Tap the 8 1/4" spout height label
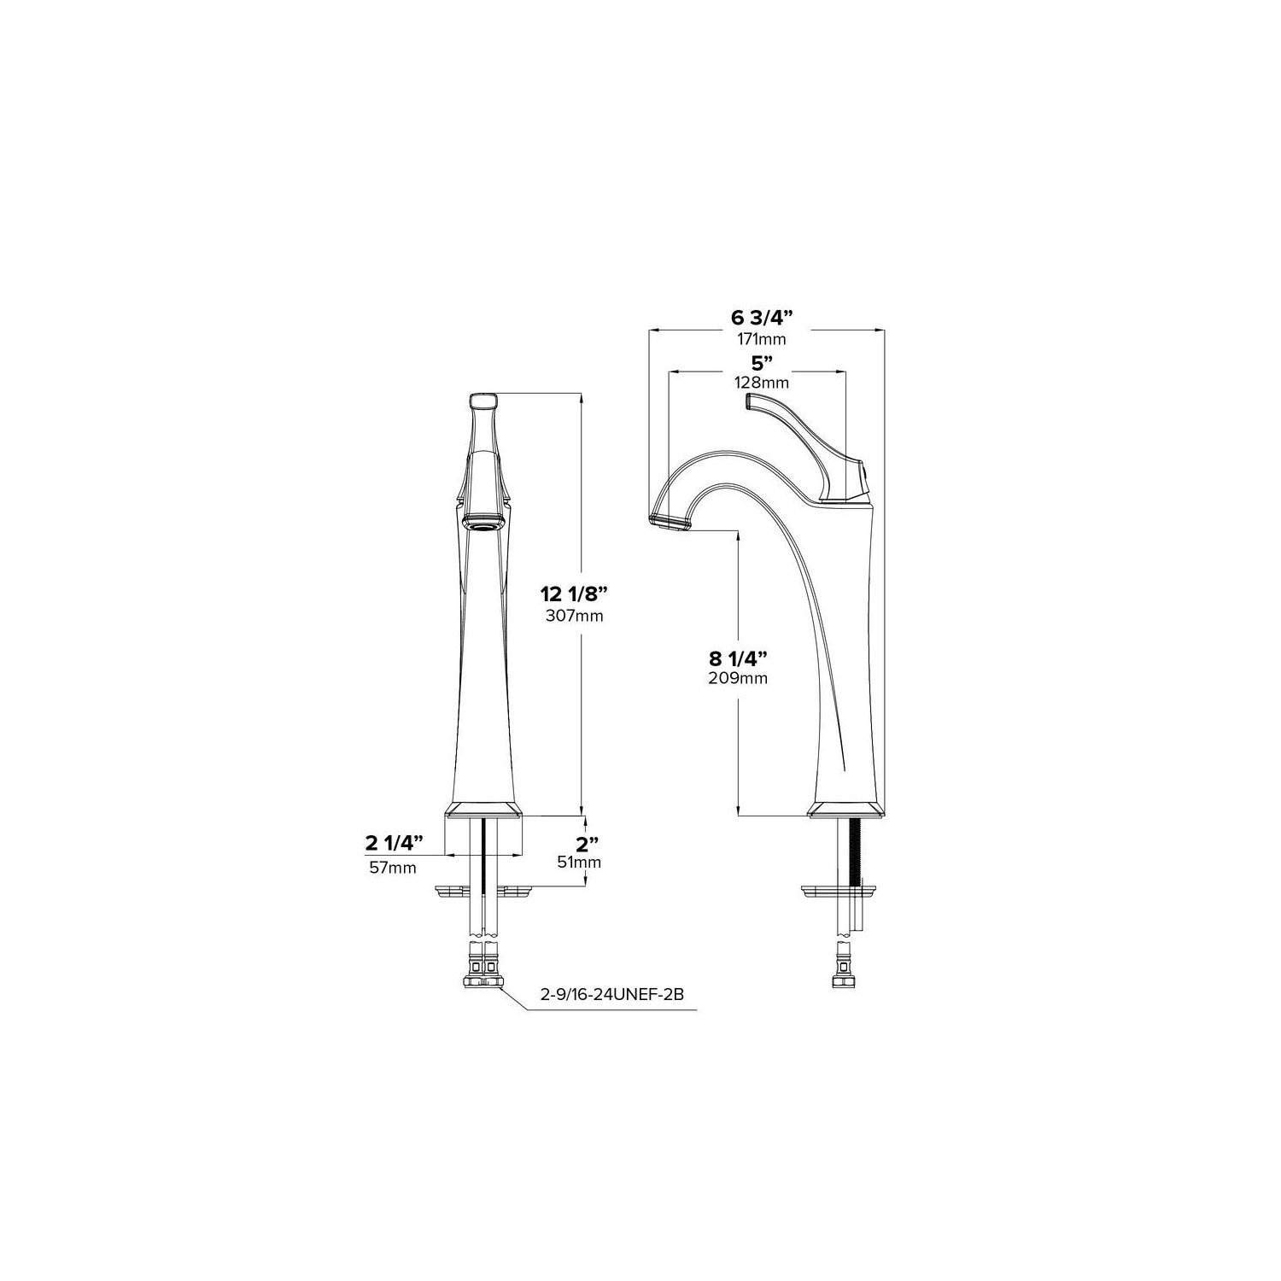pyautogui.click(x=738, y=658)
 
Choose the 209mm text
pyautogui.click(x=738, y=679)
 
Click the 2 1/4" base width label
pyautogui.click(x=395, y=845)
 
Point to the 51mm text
pyautogui.click(x=580, y=863)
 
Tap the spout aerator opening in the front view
pyautogui.click(x=484, y=522)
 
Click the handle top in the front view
pyautogui.click(x=484, y=400)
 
